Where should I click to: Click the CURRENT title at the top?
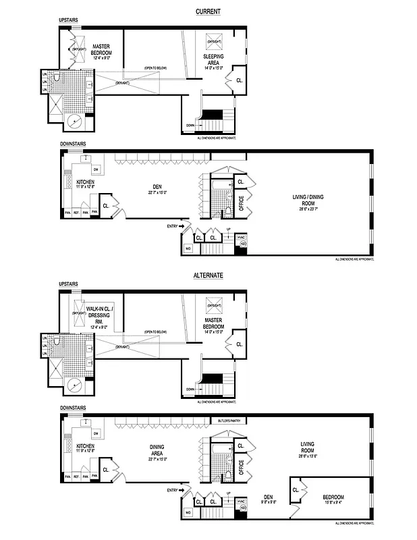click(x=208, y=11)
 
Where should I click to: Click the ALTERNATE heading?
click(x=208, y=275)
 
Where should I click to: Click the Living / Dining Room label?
click(x=308, y=200)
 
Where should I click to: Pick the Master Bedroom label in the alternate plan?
click(x=214, y=323)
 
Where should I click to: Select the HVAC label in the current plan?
click(x=241, y=238)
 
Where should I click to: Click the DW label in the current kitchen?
click(x=96, y=169)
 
